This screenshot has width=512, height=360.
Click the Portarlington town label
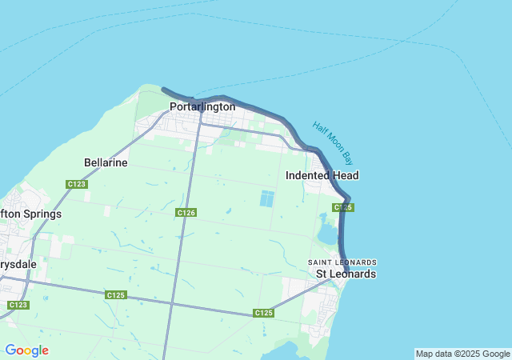(202, 106)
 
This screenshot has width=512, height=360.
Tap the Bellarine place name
(106, 162)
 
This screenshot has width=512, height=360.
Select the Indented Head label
(322, 175)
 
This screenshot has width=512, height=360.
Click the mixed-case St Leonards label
(346, 274)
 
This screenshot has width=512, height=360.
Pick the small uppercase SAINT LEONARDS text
(342, 262)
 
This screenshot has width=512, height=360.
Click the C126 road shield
(186, 212)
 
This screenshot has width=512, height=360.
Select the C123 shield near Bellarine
(77, 184)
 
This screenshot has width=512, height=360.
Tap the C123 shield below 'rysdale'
(18, 305)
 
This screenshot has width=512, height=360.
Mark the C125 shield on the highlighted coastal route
(343, 207)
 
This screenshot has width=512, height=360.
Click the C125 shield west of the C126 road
(115, 295)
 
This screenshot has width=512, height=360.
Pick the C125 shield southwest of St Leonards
(264, 313)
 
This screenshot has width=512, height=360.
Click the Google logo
(26, 350)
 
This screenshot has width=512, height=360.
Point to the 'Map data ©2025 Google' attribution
(462, 354)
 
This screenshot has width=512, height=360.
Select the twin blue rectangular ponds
(266, 198)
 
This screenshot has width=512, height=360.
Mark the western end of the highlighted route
(163, 90)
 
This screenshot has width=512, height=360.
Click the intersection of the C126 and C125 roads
(172, 303)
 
